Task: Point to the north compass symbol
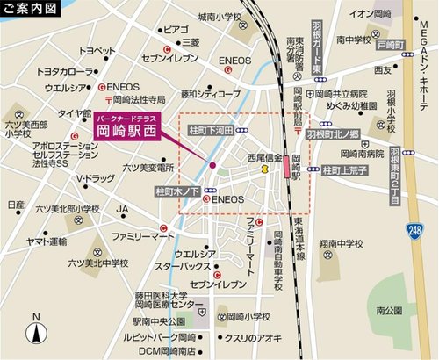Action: pyautogui.click(x=36, y=331)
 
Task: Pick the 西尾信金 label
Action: pyautogui.click(x=264, y=158)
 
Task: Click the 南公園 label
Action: pyautogui.click(x=389, y=310)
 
